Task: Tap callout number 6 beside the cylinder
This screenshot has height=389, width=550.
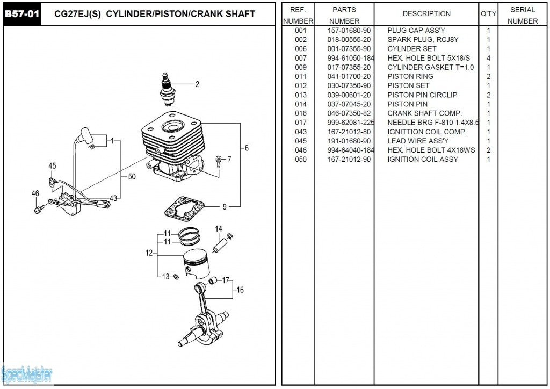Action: coord(247,148)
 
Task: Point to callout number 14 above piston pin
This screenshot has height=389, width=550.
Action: coord(219,229)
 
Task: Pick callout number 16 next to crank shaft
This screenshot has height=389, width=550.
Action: coord(240,290)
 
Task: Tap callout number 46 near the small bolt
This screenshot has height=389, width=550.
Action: coord(35,193)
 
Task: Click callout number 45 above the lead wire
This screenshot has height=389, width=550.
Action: coord(52,166)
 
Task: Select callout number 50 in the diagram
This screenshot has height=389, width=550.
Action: coord(132,176)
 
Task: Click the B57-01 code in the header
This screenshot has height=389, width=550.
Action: coord(21,14)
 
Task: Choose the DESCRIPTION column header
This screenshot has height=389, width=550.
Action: coord(426,14)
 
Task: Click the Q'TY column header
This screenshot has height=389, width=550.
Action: coord(488,14)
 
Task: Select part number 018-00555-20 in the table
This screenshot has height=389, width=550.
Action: coord(349,40)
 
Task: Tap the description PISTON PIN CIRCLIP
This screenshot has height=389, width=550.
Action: coord(422,95)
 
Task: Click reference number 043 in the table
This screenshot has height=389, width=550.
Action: coord(301,132)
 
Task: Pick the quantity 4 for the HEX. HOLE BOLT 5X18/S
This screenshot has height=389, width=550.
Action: coord(488,58)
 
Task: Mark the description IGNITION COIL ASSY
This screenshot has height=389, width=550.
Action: coord(423,159)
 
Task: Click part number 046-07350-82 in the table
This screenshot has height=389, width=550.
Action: coord(349,113)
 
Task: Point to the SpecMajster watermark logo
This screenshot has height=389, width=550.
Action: coord(27,373)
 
